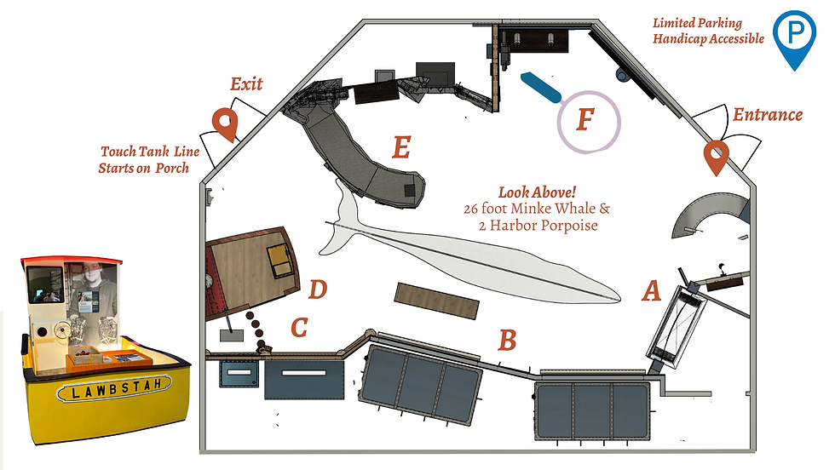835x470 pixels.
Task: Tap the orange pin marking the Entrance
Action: point(716,155)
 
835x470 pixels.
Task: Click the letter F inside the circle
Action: point(584,120)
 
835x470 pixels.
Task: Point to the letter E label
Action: point(400,148)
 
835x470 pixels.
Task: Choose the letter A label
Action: point(651,292)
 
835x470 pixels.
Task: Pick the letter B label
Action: point(507,341)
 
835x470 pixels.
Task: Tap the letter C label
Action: point(298,328)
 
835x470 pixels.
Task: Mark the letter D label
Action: point(317,289)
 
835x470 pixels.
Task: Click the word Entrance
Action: point(768,114)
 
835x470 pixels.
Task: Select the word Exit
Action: point(246,83)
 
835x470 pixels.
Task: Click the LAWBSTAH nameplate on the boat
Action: point(116,392)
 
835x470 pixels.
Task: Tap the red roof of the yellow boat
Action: point(73,260)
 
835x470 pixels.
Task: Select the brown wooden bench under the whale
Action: point(436,301)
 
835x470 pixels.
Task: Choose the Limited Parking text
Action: point(697,23)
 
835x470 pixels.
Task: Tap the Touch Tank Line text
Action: point(149,152)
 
